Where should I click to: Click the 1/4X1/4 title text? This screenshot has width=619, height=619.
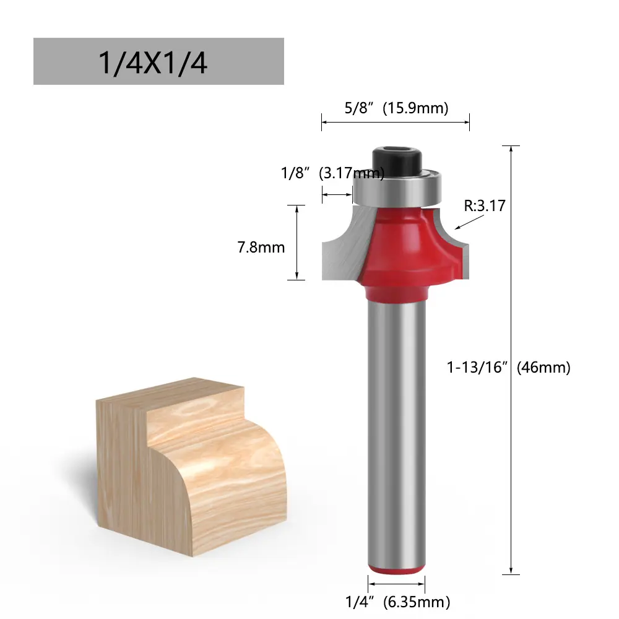pyautogui.click(x=152, y=63)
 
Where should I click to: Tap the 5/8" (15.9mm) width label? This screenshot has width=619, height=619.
pyautogui.click(x=396, y=108)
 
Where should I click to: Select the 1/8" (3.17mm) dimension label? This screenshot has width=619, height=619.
pyautogui.click(x=332, y=173)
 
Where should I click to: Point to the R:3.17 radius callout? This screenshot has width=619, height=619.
pyautogui.click(x=485, y=206)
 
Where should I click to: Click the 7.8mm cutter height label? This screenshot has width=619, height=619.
pyautogui.click(x=261, y=248)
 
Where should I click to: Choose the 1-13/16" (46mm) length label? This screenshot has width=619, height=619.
pyautogui.click(x=508, y=368)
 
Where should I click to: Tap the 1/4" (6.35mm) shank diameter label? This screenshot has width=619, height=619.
pyautogui.click(x=397, y=602)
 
